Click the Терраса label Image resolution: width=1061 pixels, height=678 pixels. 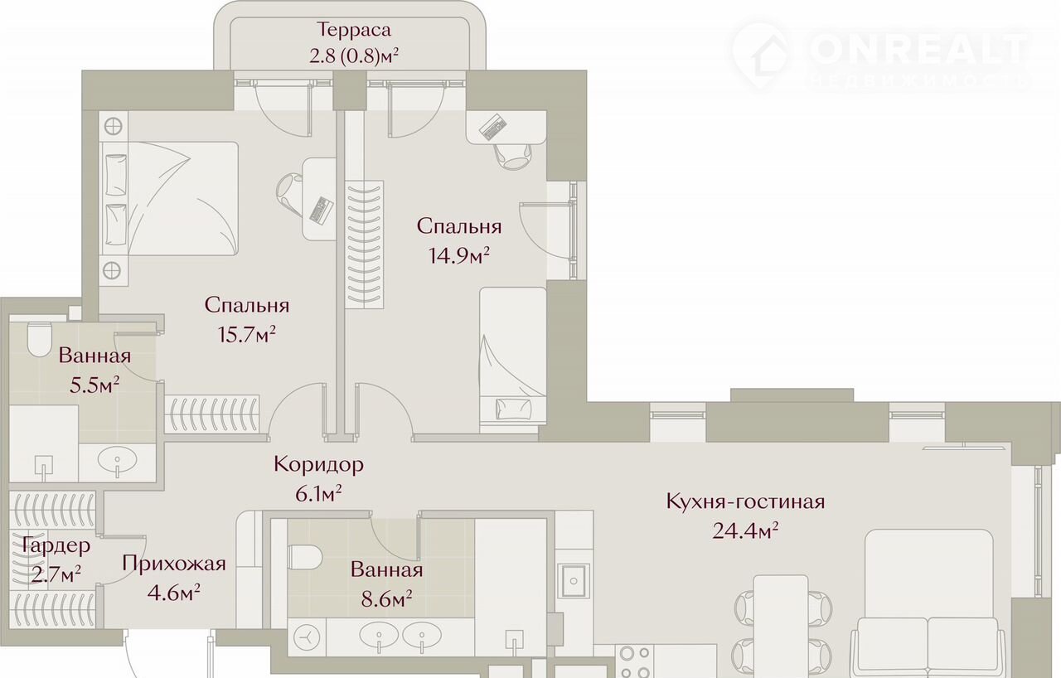pyautogui.click(x=354, y=30)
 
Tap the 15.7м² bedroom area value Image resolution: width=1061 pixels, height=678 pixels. pyautogui.click(x=247, y=335)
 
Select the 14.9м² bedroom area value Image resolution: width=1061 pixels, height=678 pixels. pyautogui.click(x=459, y=255)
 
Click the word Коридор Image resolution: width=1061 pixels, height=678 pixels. pyautogui.click(x=318, y=465)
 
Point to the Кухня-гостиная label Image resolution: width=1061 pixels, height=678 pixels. pyautogui.click(x=745, y=501)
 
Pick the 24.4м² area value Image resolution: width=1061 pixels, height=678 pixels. pyautogui.click(x=745, y=530)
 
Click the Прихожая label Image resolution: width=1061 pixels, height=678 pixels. pyautogui.click(x=174, y=564)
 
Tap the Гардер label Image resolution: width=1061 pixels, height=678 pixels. pyautogui.click(x=56, y=546)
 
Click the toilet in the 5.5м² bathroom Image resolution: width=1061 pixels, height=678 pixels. pyautogui.click(x=39, y=340)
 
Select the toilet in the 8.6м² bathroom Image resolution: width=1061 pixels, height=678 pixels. pyautogui.click(x=305, y=557)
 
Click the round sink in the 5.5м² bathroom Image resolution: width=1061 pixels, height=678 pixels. pyautogui.click(x=117, y=459)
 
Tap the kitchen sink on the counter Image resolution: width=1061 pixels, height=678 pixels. pyautogui.click(x=573, y=580)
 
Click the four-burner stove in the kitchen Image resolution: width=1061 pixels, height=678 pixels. pyautogui.click(x=635, y=662)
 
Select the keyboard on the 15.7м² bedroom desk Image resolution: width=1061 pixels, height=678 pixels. pyautogui.click(x=321, y=210)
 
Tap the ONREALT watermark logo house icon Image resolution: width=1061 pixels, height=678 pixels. pyautogui.click(x=761, y=56)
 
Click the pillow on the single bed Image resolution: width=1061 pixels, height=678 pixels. pyautogui.click(x=513, y=409)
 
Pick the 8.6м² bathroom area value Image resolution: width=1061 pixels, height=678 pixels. pyautogui.click(x=386, y=599)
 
